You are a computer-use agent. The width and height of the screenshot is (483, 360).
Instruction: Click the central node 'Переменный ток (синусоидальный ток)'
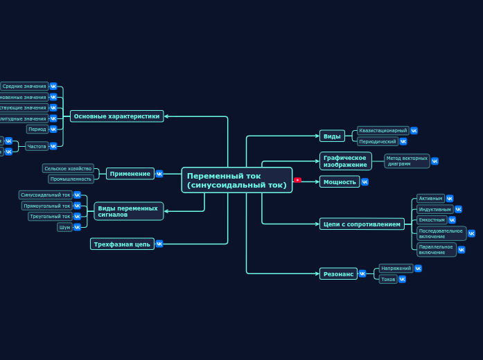point(236,180)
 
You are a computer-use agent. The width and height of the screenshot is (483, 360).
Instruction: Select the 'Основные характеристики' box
point(116,116)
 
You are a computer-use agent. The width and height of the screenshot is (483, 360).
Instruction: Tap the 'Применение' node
point(130,174)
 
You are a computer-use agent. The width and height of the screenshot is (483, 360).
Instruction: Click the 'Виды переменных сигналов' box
point(128,211)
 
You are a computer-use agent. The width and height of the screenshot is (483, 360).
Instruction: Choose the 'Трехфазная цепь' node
point(122,244)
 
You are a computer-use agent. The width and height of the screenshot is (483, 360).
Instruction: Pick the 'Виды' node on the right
point(332,136)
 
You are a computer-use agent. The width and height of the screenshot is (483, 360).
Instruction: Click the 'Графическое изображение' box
point(345,161)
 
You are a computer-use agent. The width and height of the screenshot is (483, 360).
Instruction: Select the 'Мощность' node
point(340,181)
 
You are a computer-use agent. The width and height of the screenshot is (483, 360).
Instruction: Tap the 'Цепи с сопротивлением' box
point(362,224)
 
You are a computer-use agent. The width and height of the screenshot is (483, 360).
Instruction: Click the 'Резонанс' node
point(338,273)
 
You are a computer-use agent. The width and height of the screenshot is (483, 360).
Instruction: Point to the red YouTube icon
point(297,180)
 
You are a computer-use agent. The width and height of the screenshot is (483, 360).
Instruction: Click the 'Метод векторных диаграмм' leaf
point(407,161)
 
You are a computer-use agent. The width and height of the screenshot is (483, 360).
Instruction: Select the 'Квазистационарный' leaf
point(383,130)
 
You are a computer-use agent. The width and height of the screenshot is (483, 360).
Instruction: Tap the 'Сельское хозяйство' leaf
point(68,168)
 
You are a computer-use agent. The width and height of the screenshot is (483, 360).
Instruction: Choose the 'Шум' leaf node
point(64,227)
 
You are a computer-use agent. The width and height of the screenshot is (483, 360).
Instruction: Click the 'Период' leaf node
point(37,129)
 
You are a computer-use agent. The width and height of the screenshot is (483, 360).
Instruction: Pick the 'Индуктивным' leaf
point(434,209)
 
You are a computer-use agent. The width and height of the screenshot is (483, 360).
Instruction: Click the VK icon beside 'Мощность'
point(365,182)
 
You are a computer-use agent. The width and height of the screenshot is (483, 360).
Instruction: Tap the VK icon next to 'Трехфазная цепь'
point(159,244)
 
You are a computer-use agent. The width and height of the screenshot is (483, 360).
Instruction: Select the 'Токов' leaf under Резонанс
point(388,279)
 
